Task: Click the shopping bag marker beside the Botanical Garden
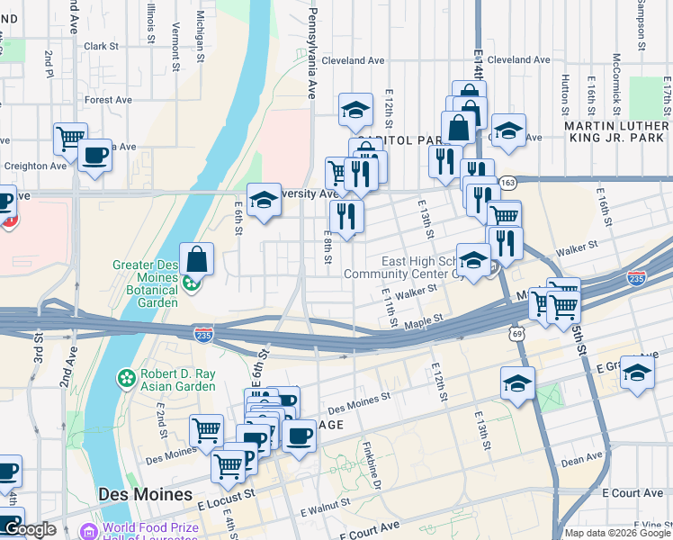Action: (x=196, y=259)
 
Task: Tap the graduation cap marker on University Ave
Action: (x=264, y=200)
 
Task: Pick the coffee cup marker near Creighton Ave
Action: (x=94, y=156)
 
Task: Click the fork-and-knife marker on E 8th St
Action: (x=345, y=215)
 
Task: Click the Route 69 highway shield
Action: (x=516, y=334)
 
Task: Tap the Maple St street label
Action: (x=424, y=319)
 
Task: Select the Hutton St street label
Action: (x=565, y=91)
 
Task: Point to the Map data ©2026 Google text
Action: (x=617, y=533)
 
